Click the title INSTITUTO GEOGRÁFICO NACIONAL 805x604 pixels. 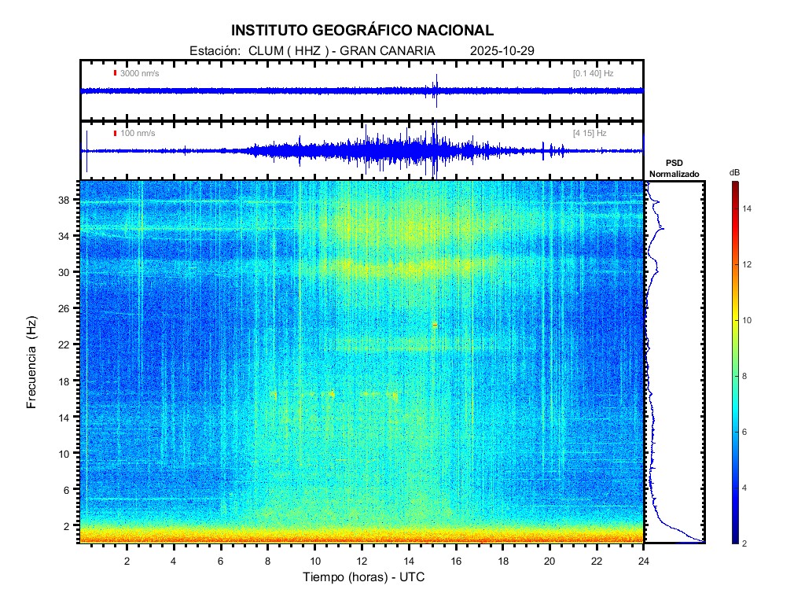coord(362,31)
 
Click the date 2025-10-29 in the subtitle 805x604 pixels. coord(502,51)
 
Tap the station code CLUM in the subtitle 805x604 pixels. coord(264,51)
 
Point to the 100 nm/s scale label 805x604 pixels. coord(137,133)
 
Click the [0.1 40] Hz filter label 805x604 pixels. coord(593,73)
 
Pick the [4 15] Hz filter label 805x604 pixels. coord(590,133)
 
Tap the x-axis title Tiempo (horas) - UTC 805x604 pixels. coord(364,578)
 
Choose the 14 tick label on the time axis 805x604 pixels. coord(409,561)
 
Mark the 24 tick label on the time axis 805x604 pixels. coord(643,561)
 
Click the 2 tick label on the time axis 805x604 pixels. coord(127,561)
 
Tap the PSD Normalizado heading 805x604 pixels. coord(674,168)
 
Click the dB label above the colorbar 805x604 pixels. coord(734,171)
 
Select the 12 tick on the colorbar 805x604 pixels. coord(749,264)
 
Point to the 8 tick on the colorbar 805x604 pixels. coord(747,377)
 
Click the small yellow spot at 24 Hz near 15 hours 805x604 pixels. coord(435,324)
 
